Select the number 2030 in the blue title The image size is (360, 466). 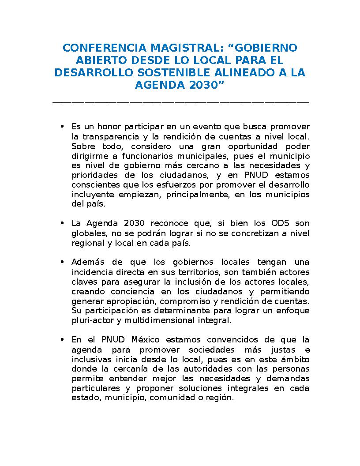201,85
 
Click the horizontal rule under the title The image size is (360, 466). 180,102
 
